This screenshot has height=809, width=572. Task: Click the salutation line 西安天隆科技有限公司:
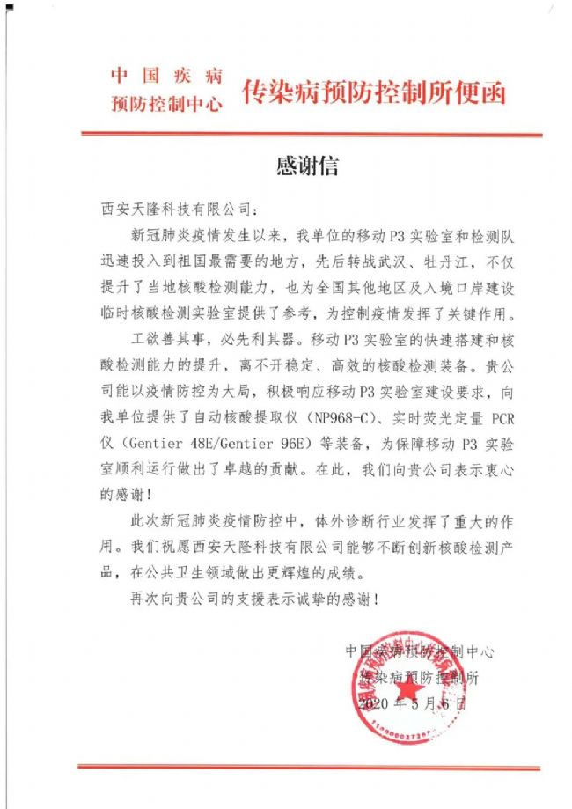[180, 210]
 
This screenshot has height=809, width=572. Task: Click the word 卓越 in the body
[323, 467]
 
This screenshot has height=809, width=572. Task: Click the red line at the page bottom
[308, 768]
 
